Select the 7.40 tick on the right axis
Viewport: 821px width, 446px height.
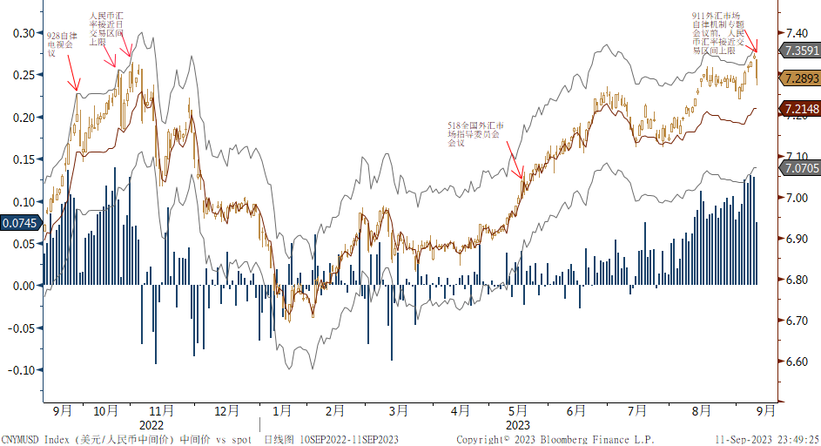coord(797,33)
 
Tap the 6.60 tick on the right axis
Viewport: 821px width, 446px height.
coord(797,362)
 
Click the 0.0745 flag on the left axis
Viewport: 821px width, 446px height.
coord(19,223)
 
